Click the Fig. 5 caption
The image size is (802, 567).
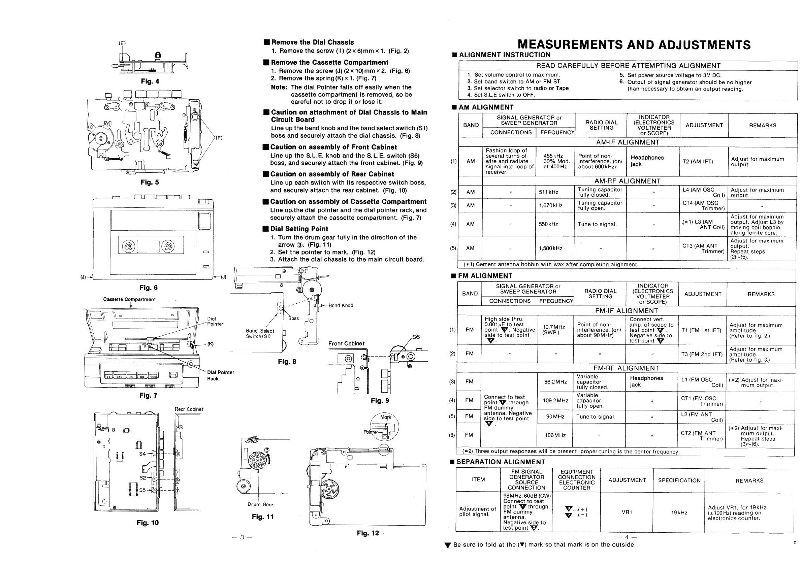click(x=150, y=182)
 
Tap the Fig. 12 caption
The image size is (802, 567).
click(x=367, y=533)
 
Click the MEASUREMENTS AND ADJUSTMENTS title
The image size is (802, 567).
click(x=634, y=45)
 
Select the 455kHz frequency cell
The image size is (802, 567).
click(x=556, y=161)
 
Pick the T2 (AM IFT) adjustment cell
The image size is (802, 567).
click(x=698, y=162)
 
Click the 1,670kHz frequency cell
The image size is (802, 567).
click(x=550, y=206)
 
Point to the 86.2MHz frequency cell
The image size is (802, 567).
click(x=555, y=382)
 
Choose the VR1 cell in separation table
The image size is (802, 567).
click(x=627, y=512)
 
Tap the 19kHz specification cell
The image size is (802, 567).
click(x=679, y=512)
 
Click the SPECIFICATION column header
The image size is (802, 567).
click(x=679, y=480)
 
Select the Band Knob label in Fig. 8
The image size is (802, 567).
click(x=341, y=305)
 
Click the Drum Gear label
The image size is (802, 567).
click(x=261, y=504)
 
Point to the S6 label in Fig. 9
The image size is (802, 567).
click(x=416, y=337)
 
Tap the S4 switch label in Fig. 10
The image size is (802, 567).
click(x=142, y=454)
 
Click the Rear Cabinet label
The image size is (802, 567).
click(x=189, y=409)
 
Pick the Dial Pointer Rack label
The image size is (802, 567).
click(x=220, y=375)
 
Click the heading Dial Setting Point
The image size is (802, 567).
click(x=299, y=229)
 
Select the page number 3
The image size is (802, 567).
click(x=242, y=537)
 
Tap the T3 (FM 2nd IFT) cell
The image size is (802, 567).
click(x=702, y=354)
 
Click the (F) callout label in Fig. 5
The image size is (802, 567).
click(x=219, y=138)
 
